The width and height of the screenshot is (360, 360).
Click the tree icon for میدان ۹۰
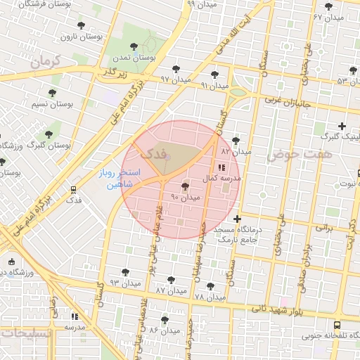185,186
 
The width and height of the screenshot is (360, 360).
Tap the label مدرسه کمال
221,179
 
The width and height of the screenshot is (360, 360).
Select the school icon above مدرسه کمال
221,167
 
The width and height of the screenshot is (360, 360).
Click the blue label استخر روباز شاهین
120,179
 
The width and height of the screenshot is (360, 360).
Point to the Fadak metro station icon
74,190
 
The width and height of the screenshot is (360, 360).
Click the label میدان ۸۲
236,151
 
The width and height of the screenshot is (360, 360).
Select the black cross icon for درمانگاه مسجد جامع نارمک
238,219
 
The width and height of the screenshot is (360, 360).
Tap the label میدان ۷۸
210,297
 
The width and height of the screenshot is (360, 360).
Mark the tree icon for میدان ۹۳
126,271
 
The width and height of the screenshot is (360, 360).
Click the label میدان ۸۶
164,330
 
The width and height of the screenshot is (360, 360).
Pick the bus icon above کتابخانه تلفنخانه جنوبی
337,325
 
